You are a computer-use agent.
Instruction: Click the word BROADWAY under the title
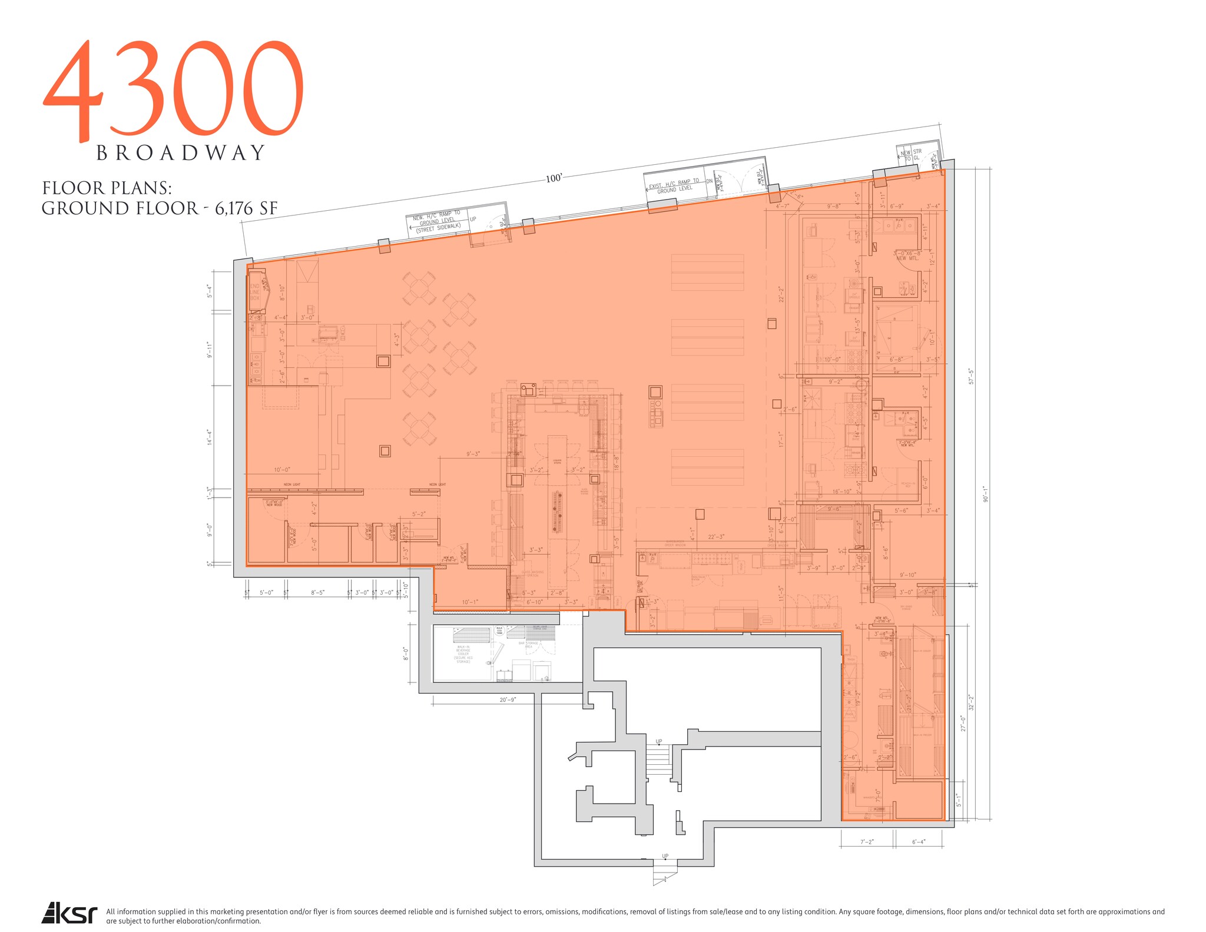point(180,153)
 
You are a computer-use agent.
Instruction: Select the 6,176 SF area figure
point(246,208)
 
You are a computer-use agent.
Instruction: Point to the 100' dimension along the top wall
point(554,178)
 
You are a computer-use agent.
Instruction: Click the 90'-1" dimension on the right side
point(984,494)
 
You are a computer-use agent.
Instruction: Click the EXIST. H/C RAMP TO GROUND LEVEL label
point(674,186)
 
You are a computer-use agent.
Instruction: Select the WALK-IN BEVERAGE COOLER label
point(463,654)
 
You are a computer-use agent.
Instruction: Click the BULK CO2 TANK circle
point(499,631)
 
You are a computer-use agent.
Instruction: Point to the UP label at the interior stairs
point(659,741)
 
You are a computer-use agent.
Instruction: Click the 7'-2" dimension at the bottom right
point(866,842)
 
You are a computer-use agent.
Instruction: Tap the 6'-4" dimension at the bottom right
point(918,842)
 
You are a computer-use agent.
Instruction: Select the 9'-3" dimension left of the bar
point(473,454)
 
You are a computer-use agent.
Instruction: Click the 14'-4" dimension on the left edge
point(209,437)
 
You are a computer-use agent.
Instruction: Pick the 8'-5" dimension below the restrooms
point(317,593)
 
